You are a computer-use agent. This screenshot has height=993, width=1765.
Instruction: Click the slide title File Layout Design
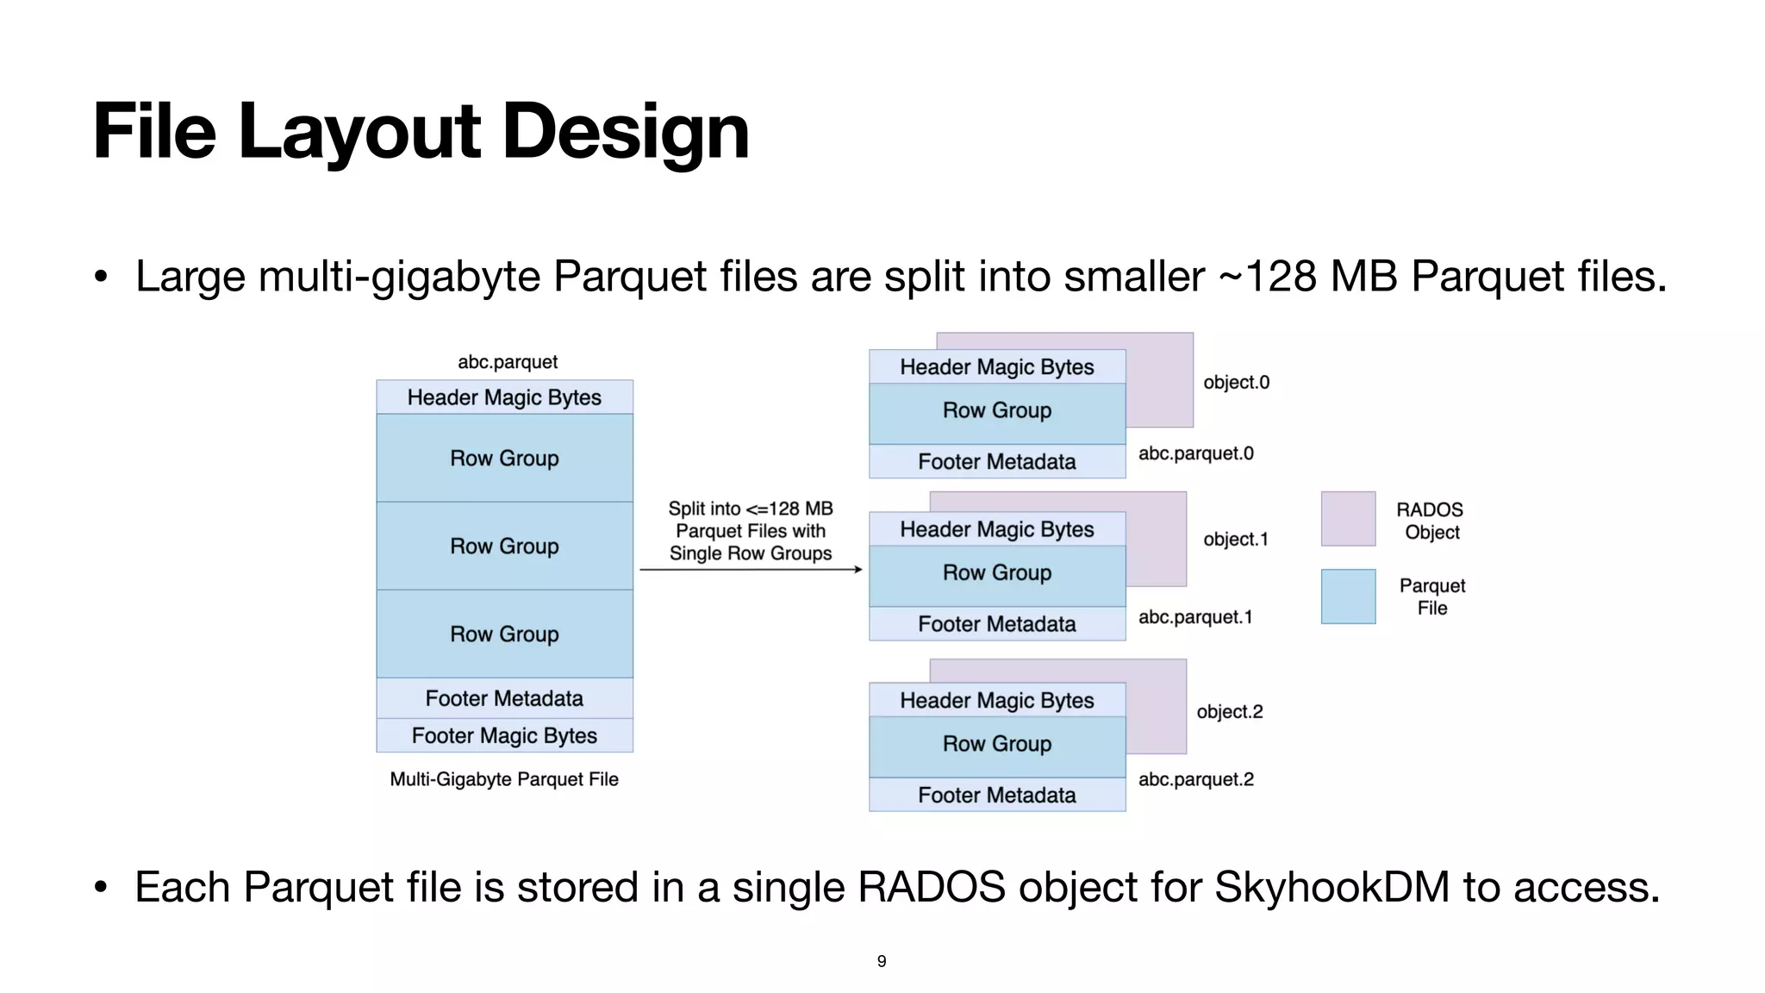tap(421, 131)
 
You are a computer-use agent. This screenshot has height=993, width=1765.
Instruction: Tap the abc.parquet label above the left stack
tap(507, 362)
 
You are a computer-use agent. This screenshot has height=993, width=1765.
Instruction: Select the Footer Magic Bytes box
tap(504, 735)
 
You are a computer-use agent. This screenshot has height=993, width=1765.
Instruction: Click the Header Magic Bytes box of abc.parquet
tap(504, 397)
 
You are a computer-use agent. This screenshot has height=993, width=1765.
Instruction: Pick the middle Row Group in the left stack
tap(504, 546)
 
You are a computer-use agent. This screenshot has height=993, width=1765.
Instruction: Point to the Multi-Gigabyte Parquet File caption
tap(504, 779)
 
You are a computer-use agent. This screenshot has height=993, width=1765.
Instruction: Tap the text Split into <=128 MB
tap(751, 509)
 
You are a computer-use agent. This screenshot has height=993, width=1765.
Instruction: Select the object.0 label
tap(1236, 382)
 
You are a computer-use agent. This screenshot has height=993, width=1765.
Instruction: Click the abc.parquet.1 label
tap(1194, 617)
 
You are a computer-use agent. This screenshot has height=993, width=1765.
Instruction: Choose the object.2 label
tap(1229, 712)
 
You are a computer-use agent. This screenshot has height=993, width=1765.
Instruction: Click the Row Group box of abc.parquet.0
tap(997, 411)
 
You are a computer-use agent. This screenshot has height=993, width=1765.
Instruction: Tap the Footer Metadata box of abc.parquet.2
tap(997, 795)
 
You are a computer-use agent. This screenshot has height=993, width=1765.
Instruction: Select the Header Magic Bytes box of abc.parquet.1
tap(997, 529)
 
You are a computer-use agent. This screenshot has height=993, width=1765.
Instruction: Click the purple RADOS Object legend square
tap(1348, 519)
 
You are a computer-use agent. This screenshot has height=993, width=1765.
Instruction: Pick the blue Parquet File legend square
tap(1348, 596)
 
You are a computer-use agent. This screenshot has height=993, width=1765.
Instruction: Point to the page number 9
tap(882, 961)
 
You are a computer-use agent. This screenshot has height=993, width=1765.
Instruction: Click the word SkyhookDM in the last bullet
tap(1332, 888)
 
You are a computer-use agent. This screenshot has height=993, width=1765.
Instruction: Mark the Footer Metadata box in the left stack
tap(504, 698)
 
